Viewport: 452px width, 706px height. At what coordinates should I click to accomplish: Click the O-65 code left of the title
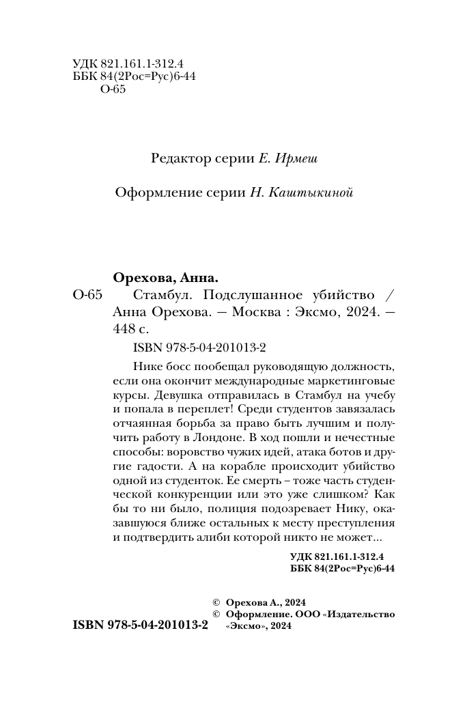87,296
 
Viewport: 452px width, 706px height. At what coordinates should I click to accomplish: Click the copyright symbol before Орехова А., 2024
217,603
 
